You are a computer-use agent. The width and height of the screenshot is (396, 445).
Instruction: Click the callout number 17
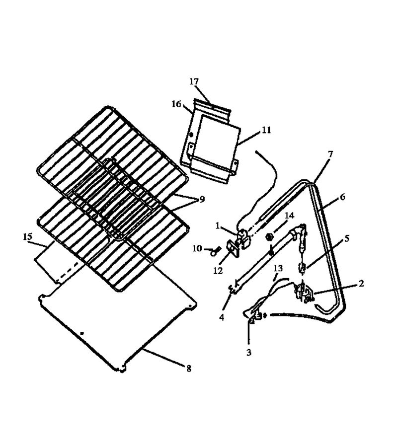point(194,82)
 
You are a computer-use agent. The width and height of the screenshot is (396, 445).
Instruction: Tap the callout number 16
point(176,104)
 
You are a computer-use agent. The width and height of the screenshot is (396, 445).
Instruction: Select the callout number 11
point(266,130)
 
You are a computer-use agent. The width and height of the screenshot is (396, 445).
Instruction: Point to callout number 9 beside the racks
point(202,200)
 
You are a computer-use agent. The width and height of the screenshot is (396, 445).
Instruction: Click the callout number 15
point(28,236)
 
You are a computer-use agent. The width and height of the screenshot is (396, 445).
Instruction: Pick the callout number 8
point(189,369)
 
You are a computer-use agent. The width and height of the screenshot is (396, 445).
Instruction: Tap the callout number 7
point(330,154)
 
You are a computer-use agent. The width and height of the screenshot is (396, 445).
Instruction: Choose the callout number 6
point(342,197)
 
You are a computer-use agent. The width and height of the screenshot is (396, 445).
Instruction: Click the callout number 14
point(289,216)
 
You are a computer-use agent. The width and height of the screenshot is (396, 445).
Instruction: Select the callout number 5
point(347,239)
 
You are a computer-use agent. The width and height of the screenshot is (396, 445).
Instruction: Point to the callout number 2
point(361,283)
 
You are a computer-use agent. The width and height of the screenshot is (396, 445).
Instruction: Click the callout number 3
point(248,352)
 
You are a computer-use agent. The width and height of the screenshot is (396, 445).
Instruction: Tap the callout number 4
point(222,317)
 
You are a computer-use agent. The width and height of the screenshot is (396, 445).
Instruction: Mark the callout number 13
point(278,268)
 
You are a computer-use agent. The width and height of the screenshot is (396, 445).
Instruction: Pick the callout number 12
point(218,271)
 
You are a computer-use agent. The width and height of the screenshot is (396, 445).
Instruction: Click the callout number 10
point(197,249)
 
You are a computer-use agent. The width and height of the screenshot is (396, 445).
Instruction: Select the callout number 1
point(218,226)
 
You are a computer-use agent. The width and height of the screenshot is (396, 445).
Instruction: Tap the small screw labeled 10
point(213,252)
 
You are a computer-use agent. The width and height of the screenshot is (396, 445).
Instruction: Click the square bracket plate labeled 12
point(233,249)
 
